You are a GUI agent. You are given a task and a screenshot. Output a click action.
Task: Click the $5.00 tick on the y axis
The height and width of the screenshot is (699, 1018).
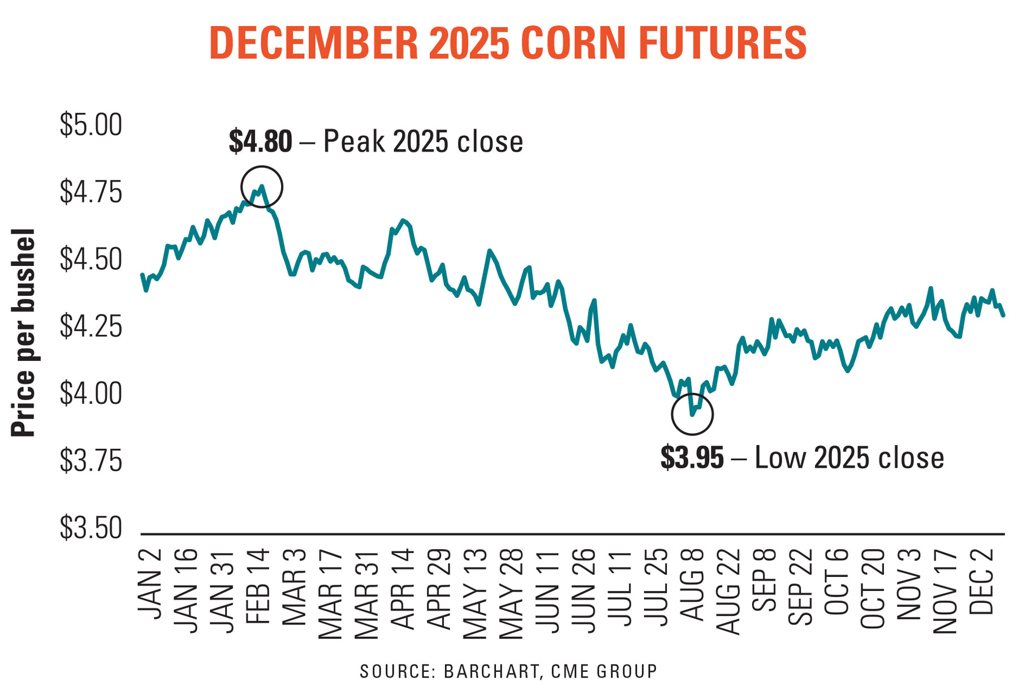tap(90, 125)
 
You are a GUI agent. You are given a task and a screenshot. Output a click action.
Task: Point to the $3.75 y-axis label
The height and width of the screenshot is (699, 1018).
tap(90, 461)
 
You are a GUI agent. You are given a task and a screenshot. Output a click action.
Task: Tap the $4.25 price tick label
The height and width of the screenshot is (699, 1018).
tap(90, 326)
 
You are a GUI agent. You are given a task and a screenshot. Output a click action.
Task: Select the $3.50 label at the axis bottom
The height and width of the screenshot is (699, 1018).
tap(90, 528)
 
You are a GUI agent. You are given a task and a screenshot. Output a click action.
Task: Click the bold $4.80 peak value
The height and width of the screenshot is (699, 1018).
tap(260, 141)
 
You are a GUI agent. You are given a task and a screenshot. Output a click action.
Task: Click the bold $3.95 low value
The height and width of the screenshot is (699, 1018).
tap(692, 458)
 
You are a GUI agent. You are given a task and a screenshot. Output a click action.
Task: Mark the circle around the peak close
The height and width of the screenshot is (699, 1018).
tap(261, 187)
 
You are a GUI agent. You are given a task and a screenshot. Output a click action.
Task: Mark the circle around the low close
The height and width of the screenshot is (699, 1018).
tap(692, 414)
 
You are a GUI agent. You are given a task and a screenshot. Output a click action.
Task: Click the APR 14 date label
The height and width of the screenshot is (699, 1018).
tap(403, 589)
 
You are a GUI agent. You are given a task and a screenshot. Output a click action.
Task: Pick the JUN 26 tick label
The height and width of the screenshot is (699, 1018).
tap(584, 590)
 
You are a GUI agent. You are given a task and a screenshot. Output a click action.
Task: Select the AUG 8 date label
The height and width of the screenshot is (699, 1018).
tap(692, 586)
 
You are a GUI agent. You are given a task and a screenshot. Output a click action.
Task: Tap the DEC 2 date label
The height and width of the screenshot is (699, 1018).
tap(981, 582)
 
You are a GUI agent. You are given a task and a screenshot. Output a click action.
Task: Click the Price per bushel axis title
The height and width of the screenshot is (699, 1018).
tap(24, 333)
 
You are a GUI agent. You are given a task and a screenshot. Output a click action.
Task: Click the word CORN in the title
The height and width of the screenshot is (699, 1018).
tap(573, 43)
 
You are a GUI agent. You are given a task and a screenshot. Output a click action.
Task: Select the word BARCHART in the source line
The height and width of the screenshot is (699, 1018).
tap(491, 671)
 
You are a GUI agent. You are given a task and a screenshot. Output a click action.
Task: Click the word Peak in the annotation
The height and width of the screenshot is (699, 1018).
tap(355, 141)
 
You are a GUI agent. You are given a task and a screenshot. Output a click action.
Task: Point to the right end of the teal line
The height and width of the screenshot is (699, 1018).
tap(1003, 315)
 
